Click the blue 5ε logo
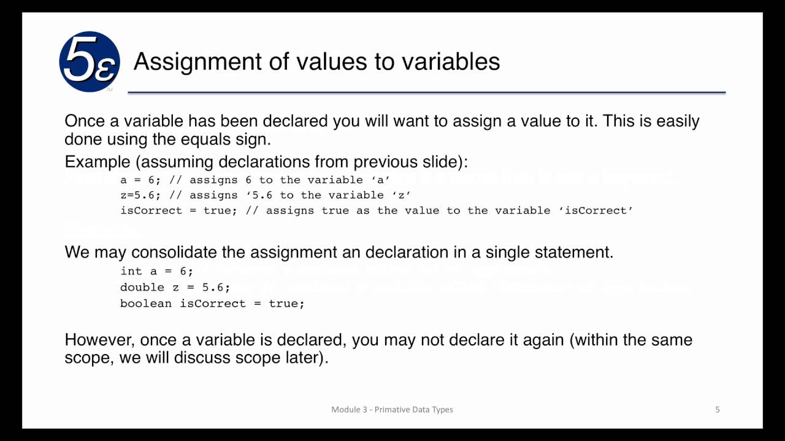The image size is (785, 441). point(90,62)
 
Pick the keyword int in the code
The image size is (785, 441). point(131,271)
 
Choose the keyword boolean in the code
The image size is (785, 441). point(146,304)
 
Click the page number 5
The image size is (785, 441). point(718,409)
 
